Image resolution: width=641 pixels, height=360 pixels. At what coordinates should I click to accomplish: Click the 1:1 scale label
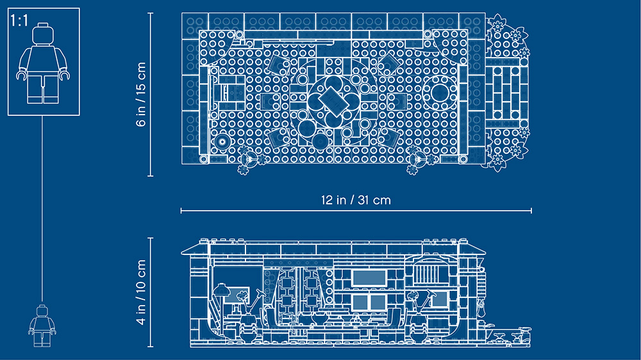(19, 20)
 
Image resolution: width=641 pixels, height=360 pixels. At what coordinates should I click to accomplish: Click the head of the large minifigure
(43, 35)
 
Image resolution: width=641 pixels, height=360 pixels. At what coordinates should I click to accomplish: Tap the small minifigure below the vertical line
(42, 325)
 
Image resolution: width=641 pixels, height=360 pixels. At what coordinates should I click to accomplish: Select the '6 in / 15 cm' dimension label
(141, 94)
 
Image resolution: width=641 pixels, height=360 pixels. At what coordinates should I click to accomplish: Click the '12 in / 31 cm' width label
(356, 200)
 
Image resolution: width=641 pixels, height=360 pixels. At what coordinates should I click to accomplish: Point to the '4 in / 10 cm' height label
(141, 292)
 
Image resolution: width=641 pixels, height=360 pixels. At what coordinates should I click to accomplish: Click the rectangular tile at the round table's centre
(334, 101)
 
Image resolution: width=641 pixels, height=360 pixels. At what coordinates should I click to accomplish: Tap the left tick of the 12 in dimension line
(181, 211)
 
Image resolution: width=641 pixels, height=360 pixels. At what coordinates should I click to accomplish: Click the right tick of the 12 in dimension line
(531, 211)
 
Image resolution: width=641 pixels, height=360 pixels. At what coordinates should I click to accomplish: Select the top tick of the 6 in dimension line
(151, 13)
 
